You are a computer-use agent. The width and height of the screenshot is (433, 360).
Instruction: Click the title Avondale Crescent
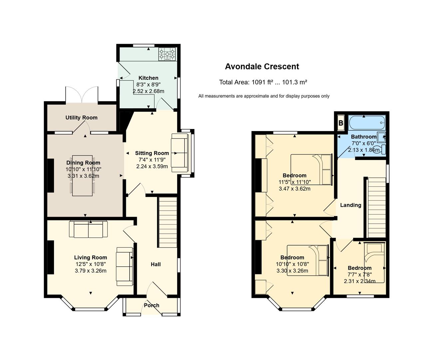[x=262, y=67]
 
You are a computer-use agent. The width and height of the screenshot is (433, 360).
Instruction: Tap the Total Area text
[x=263, y=82]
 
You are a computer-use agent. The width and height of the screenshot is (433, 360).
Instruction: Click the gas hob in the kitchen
[x=167, y=54]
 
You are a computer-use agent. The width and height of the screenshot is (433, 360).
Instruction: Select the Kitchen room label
[x=148, y=78]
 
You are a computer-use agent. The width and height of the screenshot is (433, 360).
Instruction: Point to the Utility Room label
[x=81, y=118]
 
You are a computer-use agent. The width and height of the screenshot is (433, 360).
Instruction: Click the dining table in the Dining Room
[x=82, y=176]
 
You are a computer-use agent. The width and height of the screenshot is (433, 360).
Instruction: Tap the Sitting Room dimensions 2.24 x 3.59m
[x=152, y=166]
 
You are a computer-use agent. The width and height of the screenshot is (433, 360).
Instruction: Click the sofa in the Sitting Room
[x=180, y=153]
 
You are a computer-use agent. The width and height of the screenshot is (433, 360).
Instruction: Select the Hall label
[x=156, y=264]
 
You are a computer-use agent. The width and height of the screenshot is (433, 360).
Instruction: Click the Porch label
[x=152, y=305]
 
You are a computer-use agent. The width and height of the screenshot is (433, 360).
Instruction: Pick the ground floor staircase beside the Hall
[x=168, y=222]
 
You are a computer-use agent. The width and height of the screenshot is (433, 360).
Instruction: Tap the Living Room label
[x=91, y=257]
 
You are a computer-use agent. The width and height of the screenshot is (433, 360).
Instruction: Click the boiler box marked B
[x=341, y=123]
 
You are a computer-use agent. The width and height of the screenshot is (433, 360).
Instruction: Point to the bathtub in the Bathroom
[x=367, y=123]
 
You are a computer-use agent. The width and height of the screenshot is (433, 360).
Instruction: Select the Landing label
[x=351, y=205]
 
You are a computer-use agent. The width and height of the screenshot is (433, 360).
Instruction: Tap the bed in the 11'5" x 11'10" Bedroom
[x=311, y=170]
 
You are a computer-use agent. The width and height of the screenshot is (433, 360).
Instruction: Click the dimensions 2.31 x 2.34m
[x=360, y=281]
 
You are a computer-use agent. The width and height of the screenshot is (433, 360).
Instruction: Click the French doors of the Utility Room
[x=82, y=95]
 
